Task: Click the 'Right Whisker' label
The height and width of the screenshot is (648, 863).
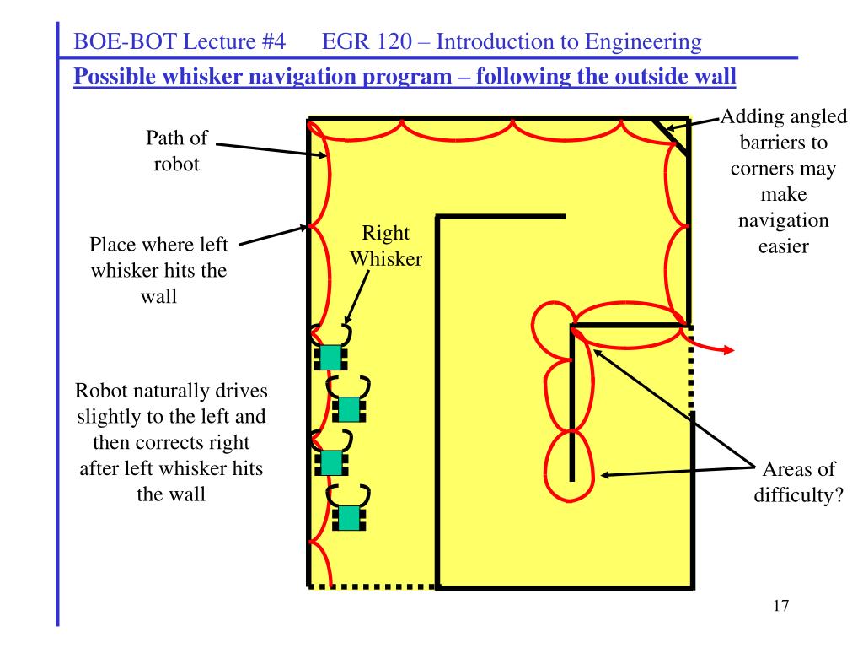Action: point(386,246)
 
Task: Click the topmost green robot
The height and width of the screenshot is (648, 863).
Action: point(330,355)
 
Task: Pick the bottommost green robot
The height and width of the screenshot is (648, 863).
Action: point(348,516)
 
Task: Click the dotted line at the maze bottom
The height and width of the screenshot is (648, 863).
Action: point(371,586)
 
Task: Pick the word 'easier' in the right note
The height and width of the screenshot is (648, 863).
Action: point(783,246)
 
